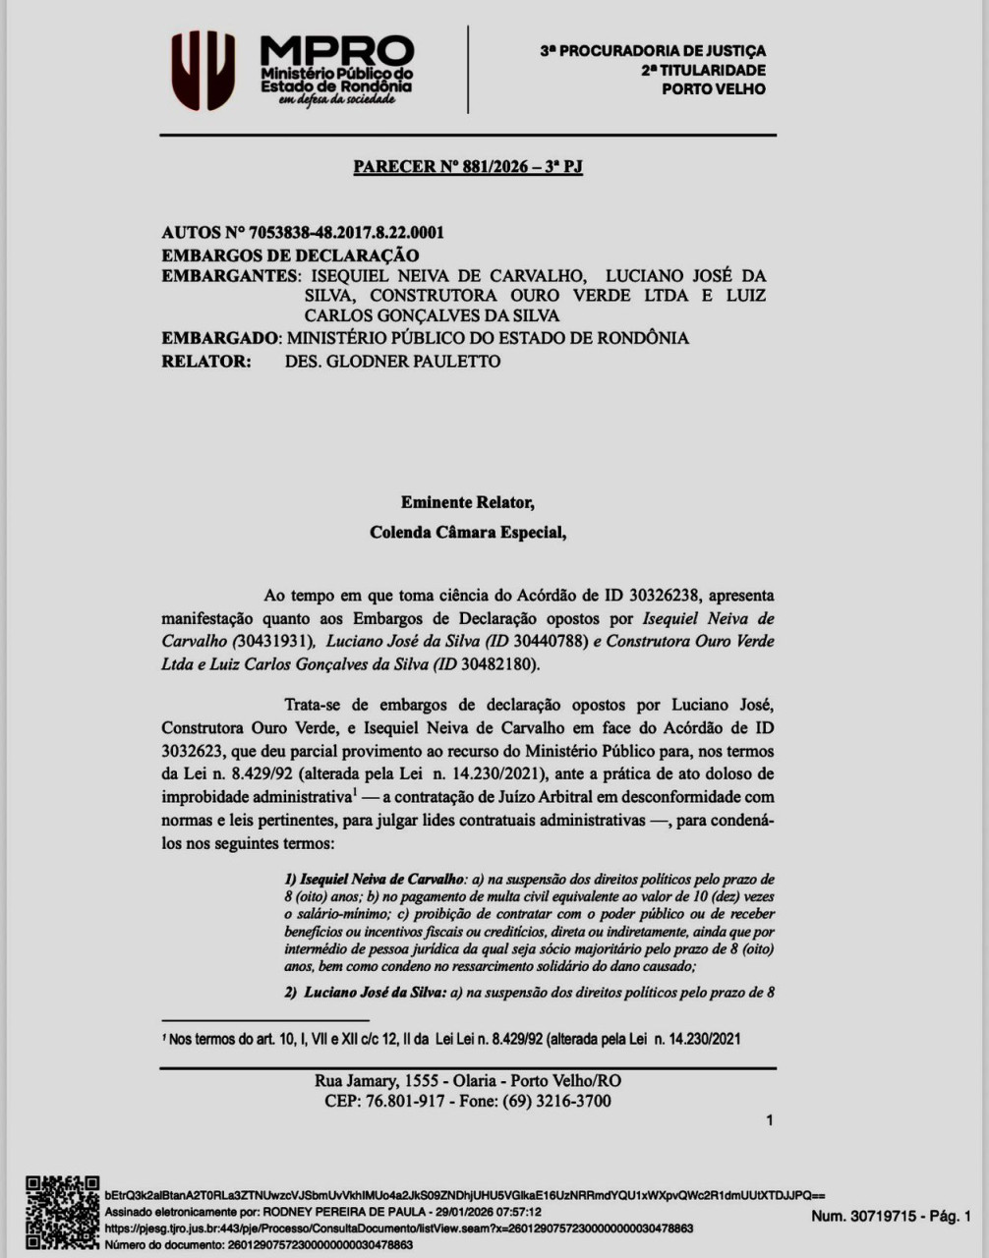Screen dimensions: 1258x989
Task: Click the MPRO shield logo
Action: coord(204,71)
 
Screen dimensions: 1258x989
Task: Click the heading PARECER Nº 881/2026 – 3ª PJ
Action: coord(468,167)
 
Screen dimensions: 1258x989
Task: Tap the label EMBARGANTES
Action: coord(228,276)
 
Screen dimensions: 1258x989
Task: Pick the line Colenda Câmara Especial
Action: coord(467,533)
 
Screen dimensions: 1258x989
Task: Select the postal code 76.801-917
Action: coord(406,1101)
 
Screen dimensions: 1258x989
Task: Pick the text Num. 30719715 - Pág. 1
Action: coord(890,1217)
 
